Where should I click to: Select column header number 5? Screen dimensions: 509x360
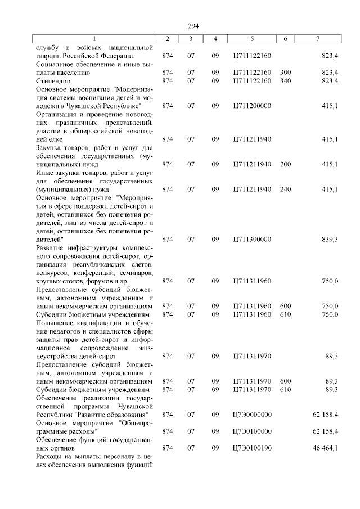[251, 38]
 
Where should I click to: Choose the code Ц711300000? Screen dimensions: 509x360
[251, 239]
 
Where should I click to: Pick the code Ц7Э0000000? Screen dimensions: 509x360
[251, 414]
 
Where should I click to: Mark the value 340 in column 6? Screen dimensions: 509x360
[285, 81]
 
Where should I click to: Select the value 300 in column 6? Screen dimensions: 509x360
[285, 73]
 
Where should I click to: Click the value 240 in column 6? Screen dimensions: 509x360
[285, 189]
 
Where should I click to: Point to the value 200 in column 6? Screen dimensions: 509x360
[285, 164]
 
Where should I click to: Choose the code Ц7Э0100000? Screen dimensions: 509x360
[251, 431]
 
